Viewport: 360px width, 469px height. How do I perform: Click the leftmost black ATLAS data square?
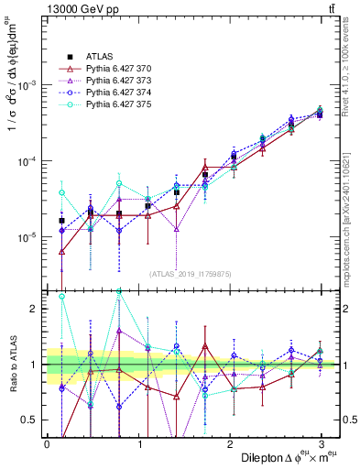61,221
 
